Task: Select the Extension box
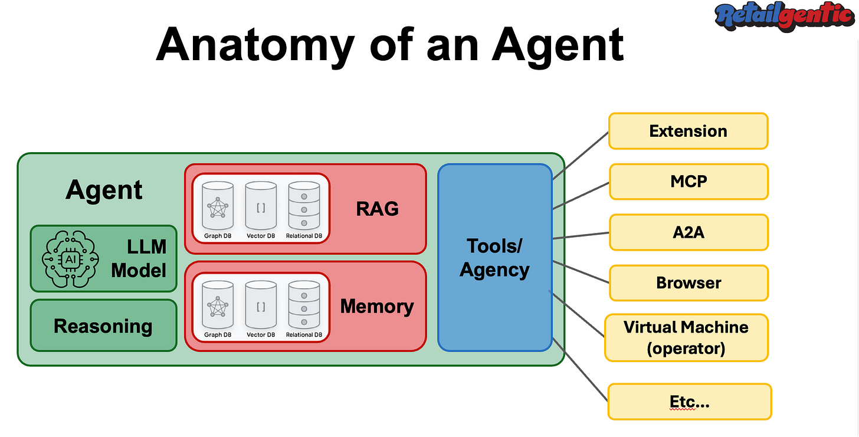(x=688, y=131)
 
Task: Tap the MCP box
(x=688, y=181)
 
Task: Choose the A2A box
(x=688, y=232)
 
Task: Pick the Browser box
(x=688, y=282)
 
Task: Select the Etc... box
(x=689, y=402)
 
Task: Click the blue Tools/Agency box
(x=494, y=257)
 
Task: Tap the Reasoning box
(x=103, y=326)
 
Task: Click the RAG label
(x=377, y=208)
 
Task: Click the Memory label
(x=377, y=306)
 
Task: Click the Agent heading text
(x=104, y=190)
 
